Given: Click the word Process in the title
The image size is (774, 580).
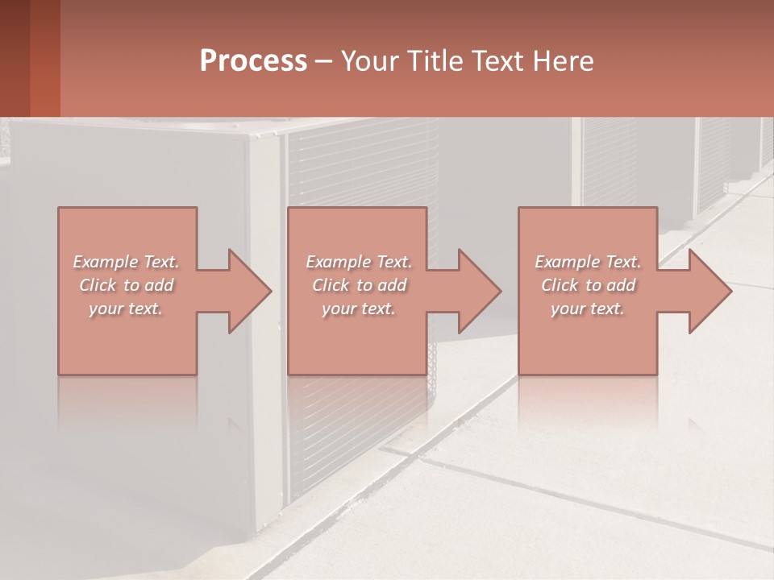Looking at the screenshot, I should [x=253, y=61].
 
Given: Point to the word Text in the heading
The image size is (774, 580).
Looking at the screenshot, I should [x=497, y=61].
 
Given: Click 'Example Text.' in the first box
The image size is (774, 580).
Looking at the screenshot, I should [x=126, y=262].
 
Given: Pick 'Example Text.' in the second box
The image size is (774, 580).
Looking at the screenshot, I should [x=358, y=262].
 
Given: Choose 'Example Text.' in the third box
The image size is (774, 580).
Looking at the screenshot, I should [x=588, y=262].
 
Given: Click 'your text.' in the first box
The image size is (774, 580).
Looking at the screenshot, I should [x=126, y=309].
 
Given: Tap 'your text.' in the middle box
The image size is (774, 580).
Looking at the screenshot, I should [x=358, y=309].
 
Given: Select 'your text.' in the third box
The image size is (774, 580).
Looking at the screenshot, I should [x=588, y=309].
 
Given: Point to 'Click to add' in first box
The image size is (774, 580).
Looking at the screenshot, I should [x=126, y=285].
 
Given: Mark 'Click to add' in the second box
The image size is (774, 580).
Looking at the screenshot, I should [x=358, y=285].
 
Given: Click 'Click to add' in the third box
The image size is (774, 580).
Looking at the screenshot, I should [x=588, y=285].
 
